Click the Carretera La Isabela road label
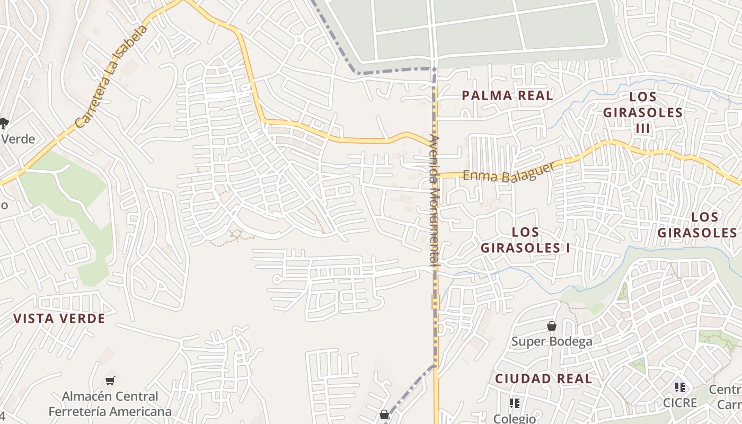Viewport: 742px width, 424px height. click(111, 75)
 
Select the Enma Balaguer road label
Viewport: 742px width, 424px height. click(508, 172)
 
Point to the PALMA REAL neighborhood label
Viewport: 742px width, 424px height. click(507, 95)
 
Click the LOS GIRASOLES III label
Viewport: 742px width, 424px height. click(643, 112)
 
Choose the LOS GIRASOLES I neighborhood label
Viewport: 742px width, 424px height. click(525, 240)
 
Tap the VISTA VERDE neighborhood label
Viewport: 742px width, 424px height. click(59, 319)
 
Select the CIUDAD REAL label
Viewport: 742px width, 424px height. click(543, 378)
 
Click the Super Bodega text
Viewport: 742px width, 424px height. click(551, 341)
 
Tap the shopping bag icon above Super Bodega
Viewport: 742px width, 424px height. click(552, 326)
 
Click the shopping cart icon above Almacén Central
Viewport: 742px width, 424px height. click(110, 381)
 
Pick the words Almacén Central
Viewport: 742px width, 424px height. click(110, 396)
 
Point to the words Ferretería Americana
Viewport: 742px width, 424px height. click(110, 411)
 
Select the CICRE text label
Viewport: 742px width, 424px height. click(680, 403)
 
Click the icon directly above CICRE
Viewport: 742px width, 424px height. click(680, 387)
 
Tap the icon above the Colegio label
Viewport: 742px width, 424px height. click(514, 403)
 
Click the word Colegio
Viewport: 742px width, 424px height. click(514, 418)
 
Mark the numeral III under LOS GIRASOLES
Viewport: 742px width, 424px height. click(642, 128)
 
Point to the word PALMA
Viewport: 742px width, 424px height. click(483, 95)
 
